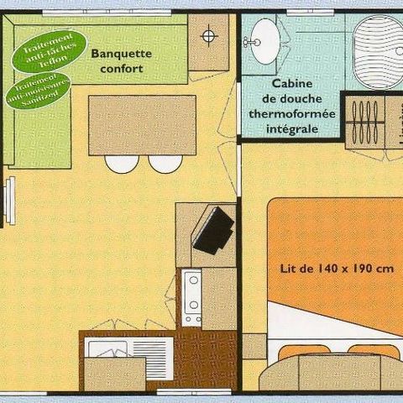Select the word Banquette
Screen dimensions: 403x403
[x=121, y=53]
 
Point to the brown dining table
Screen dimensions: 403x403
[x=142, y=125]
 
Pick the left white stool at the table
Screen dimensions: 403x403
[x=122, y=164]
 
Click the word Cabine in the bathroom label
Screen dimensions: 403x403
[x=291, y=85]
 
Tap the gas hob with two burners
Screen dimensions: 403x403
[x=193, y=299]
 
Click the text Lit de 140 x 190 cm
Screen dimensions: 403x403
[x=337, y=270]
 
